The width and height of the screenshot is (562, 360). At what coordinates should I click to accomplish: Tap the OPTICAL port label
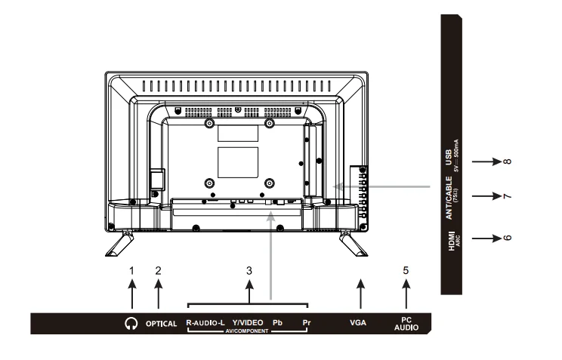coord(160,324)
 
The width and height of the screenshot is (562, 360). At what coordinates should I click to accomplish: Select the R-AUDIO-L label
coord(206,322)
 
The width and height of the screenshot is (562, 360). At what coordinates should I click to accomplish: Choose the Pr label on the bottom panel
coord(306,322)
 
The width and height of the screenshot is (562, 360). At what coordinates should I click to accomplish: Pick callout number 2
coord(159,269)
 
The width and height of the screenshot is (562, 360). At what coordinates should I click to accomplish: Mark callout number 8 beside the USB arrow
coord(507,160)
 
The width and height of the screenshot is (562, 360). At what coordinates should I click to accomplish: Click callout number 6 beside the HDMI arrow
coord(507,235)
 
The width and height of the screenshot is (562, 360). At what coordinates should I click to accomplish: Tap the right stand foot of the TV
coord(352,243)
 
